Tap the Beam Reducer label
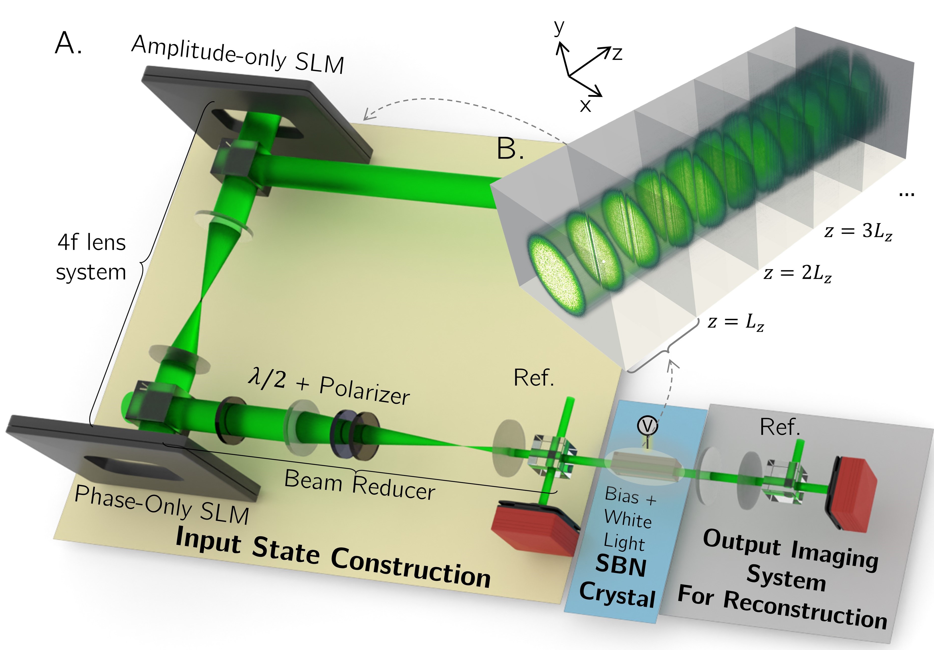[x=360, y=485]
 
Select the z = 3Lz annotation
[x=858, y=232]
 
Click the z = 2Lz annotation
[x=797, y=273]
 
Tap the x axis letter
[x=585, y=106]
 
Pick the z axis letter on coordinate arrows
[x=617, y=53]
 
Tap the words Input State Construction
[x=333, y=559]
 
